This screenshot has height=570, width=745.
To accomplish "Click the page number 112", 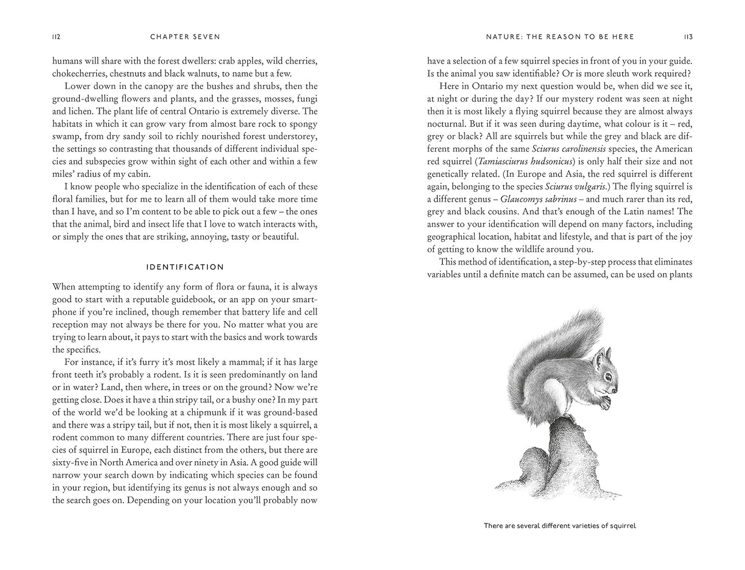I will tap(57, 37).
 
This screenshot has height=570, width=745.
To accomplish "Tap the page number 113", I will tap(688, 37).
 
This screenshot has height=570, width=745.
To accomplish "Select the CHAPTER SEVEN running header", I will tap(185, 37).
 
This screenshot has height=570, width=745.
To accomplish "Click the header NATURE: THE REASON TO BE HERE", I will tap(560, 37).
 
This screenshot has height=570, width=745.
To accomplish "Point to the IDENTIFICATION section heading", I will tap(185, 267).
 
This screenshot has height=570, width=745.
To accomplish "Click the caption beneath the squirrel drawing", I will tap(560, 526).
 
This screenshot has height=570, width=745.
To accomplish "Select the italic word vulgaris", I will tap(592, 187).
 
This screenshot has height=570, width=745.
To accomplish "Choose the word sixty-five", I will tap(73, 462).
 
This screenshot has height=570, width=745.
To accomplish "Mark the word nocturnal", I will tap(446, 124).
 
